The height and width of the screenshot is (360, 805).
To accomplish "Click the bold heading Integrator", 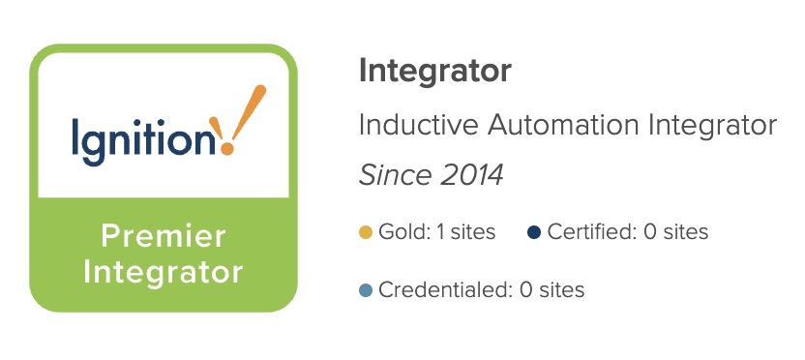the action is (434, 72).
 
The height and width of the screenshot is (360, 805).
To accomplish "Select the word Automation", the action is (563, 125).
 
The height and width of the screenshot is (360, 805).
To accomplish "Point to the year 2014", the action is (472, 175).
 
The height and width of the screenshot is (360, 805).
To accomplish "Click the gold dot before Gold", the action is (366, 232).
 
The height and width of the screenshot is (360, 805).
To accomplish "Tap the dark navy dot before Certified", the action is (534, 232).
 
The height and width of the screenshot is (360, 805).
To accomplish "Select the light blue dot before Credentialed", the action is (366, 290).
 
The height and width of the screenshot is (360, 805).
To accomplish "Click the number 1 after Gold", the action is (440, 232).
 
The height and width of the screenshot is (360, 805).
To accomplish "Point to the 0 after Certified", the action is (650, 232).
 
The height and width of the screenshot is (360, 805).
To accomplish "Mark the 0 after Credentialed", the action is (526, 290).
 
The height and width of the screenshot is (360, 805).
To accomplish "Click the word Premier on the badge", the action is (164, 236).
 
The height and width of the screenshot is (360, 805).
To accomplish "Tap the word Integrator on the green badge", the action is (164, 272).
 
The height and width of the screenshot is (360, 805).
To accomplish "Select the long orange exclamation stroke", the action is (249, 113).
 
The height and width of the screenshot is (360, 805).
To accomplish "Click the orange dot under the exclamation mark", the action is (227, 149).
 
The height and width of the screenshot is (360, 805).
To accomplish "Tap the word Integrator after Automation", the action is (712, 125).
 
